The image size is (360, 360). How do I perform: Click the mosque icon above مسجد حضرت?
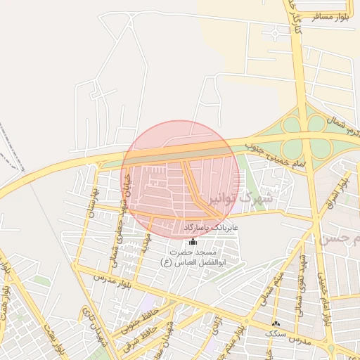(x=193, y=240)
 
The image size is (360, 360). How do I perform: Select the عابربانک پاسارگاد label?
(x=212, y=229)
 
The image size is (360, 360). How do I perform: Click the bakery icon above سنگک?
(x=274, y=323)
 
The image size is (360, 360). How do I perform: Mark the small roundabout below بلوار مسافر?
(x=274, y=34)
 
